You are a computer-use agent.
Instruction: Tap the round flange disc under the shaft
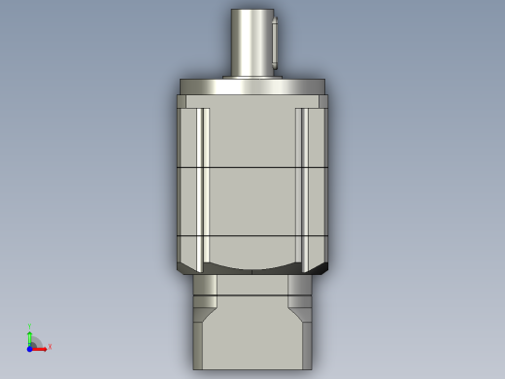[x=252, y=86]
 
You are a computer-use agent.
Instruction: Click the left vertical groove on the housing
[x=203, y=185]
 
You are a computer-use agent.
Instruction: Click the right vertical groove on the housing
[x=301, y=185]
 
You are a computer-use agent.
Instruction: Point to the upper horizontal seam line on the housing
[x=252, y=168]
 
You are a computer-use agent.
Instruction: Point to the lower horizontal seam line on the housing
[x=252, y=236]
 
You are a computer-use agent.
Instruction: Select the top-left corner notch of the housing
[x=182, y=100]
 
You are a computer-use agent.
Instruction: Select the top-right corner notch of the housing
[x=322, y=100]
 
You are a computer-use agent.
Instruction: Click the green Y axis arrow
[x=30, y=337]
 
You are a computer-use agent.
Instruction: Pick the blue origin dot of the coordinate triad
[x=31, y=348]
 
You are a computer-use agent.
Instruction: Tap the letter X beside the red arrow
[x=50, y=347]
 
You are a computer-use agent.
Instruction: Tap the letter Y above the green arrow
[x=30, y=327]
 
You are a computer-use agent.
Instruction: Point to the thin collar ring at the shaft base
[x=252, y=77]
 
